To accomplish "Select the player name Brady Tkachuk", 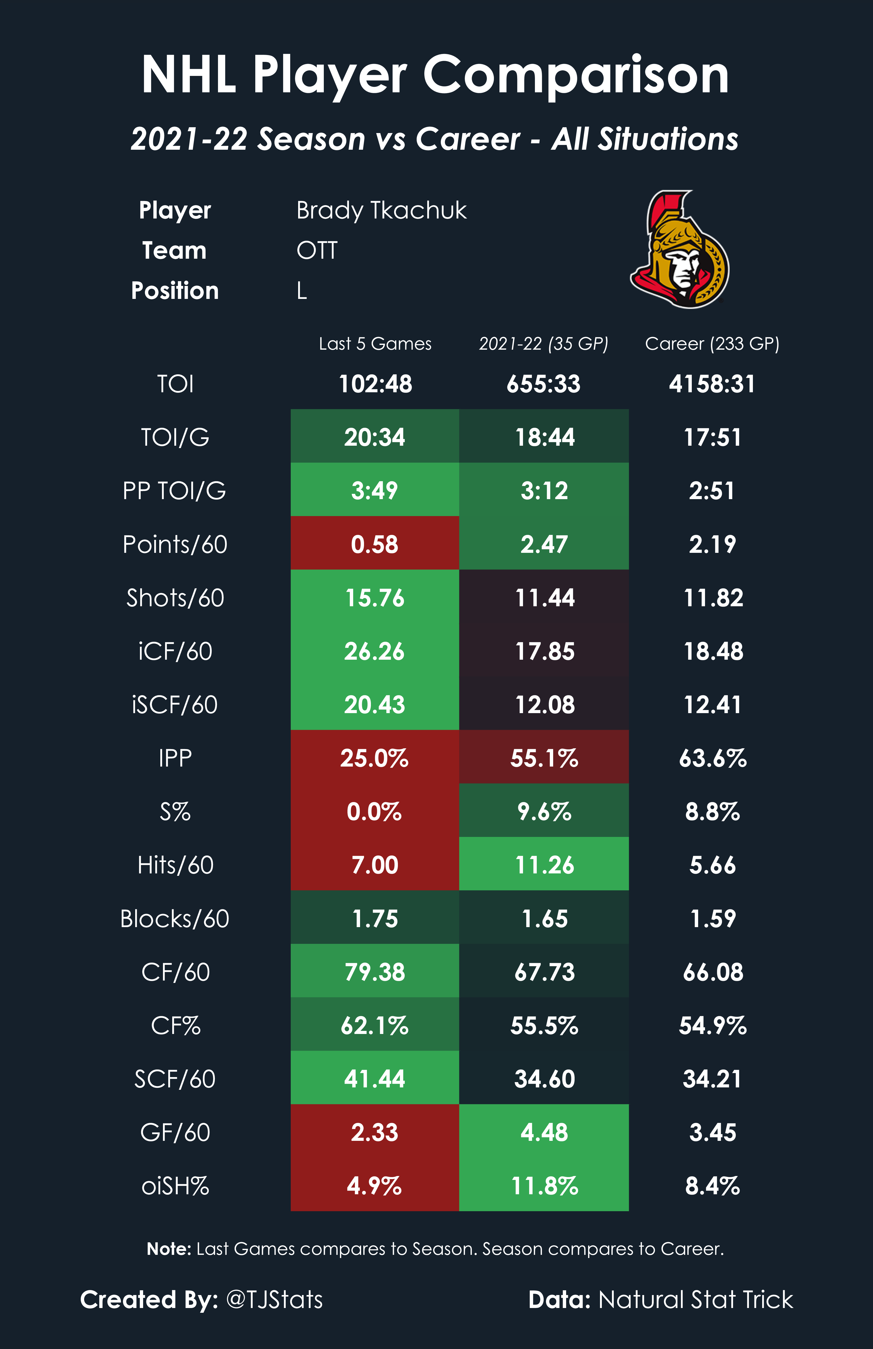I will [381, 210].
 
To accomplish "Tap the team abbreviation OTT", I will [317, 250].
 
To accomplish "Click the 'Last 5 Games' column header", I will [375, 344].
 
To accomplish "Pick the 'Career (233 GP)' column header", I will [712, 344].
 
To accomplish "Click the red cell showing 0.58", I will [375, 544].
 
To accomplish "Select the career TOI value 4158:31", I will [712, 384].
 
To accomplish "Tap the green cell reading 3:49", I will [375, 490].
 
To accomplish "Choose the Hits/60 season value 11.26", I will [544, 865].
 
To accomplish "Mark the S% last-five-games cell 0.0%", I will [375, 812].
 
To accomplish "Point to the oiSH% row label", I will [175, 1186].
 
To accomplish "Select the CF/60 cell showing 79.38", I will [375, 972].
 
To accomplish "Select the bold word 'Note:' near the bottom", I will [169, 1249].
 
